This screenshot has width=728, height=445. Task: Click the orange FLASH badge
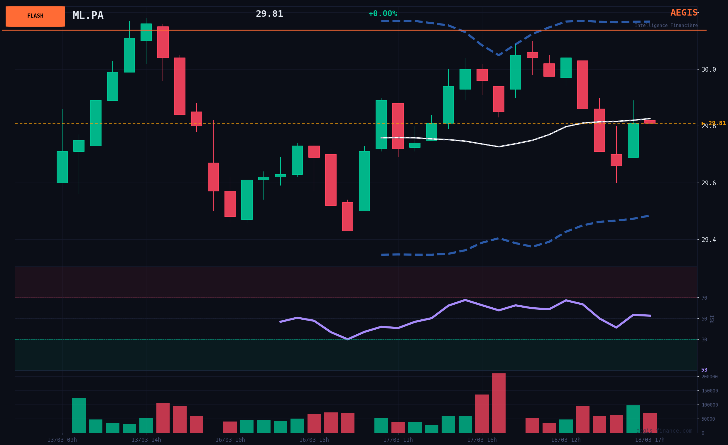click(x=35, y=16)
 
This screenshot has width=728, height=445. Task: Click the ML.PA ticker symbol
click(x=88, y=15)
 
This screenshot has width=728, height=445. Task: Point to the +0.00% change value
click(x=383, y=14)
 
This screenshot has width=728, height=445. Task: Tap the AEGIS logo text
click(x=684, y=13)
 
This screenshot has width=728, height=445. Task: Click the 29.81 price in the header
click(x=269, y=14)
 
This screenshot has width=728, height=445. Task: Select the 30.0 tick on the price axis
click(x=709, y=70)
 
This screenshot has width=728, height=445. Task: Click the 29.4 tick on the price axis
click(x=709, y=240)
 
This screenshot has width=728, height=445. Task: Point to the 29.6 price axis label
click(x=709, y=183)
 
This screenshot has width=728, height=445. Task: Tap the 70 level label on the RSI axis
click(x=704, y=298)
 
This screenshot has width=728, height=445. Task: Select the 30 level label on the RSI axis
click(x=704, y=340)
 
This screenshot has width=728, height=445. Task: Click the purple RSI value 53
click(x=704, y=370)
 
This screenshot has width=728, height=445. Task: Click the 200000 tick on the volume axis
click(x=710, y=377)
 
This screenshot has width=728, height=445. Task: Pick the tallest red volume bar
click(x=499, y=403)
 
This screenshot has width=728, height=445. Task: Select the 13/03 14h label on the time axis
click(x=146, y=440)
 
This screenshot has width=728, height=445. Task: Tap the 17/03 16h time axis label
click(x=482, y=440)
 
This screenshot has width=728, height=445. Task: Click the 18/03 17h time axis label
click(x=650, y=440)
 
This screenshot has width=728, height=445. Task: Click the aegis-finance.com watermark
click(x=664, y=431)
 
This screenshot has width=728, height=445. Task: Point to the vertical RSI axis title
click(x=712, y=319)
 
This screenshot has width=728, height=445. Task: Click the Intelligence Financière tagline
click(x=666, y=26)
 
